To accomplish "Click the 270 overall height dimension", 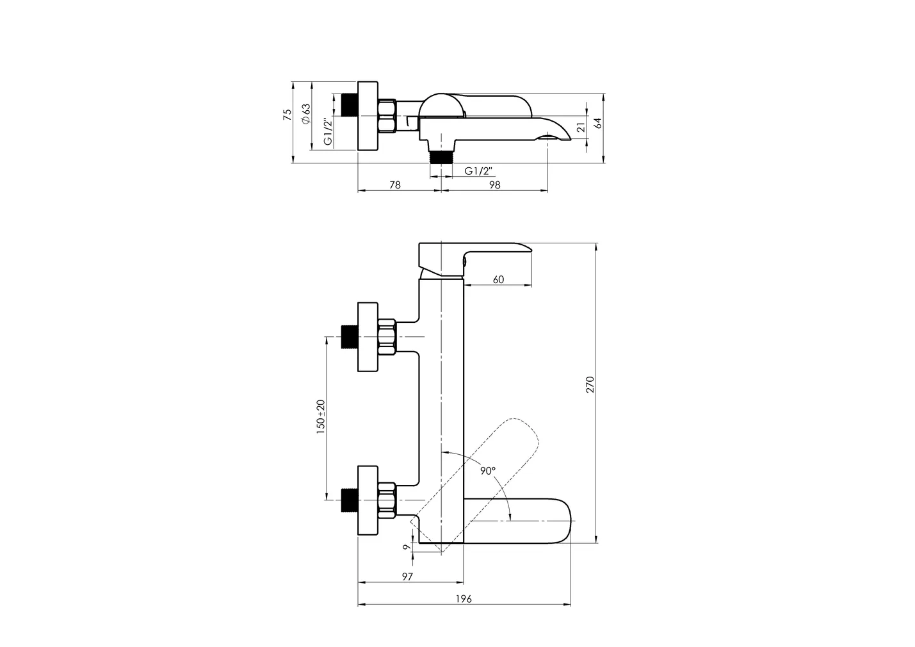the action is (590, 384).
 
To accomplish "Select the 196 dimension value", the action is (464, 599).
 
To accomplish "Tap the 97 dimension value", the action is (407, 577).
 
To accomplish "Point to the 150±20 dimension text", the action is (321, 416).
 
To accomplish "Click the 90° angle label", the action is (488, 471).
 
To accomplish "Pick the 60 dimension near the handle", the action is (498, 279).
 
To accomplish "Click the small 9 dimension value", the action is (407, 547).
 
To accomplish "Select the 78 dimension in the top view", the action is (395, 185).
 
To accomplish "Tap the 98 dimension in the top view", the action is (495, 185).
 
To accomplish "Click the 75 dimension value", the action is (287, 115).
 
